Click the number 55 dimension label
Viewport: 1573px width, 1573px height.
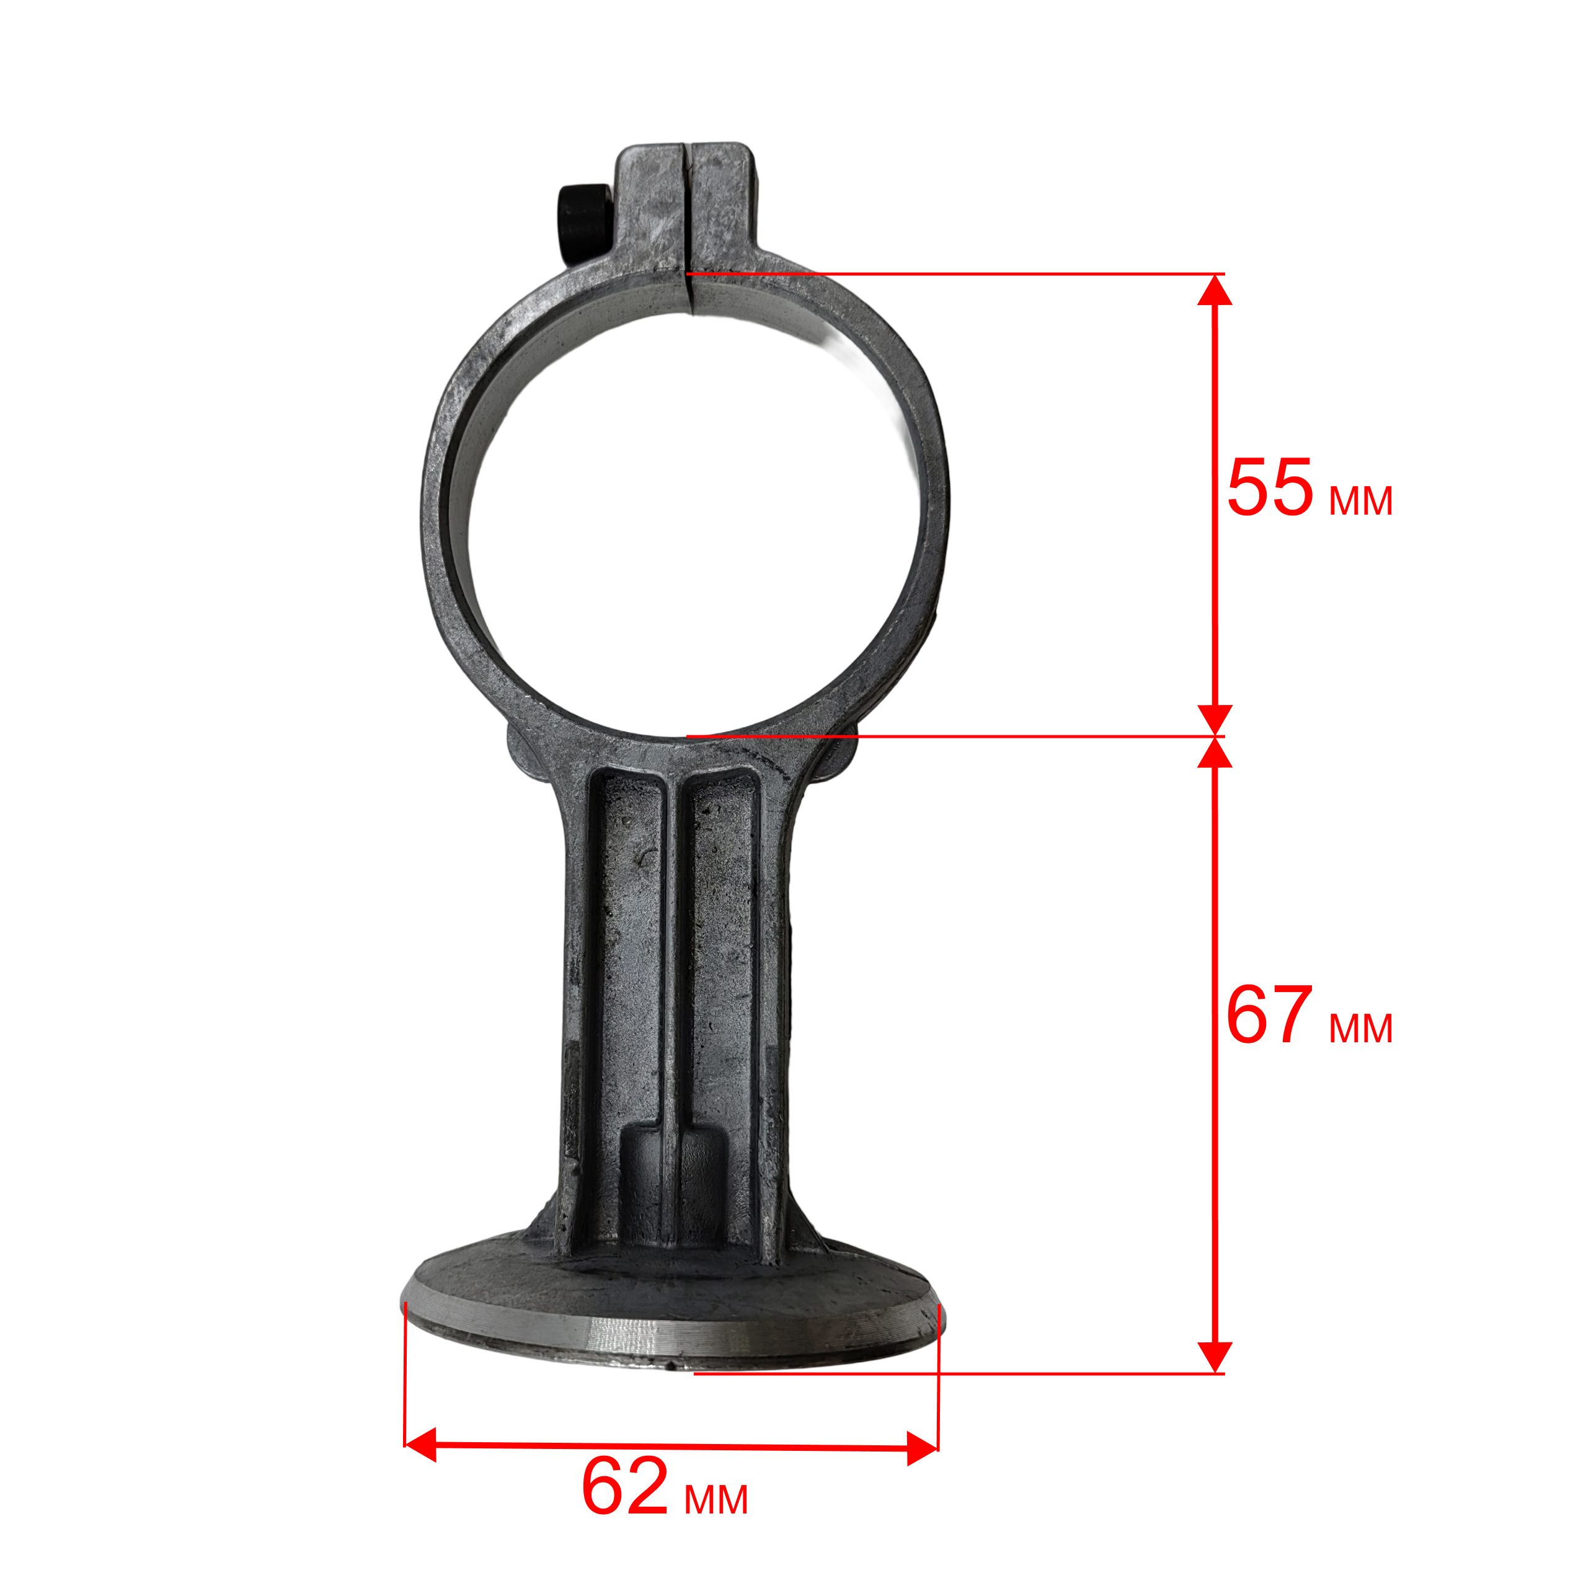(x=1270, y=488)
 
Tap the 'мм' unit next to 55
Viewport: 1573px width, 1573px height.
(x=1360, y=501)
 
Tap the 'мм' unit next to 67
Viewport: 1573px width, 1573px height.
(x=1360, y=1029)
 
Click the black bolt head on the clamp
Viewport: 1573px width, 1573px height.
(x=583, y=224)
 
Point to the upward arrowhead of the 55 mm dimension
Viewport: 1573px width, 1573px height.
(x=1214, y=290)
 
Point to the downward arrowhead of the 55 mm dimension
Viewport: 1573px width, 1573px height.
(x=1214, y=720)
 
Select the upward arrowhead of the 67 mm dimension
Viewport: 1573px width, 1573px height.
(x=1214, y=753)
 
